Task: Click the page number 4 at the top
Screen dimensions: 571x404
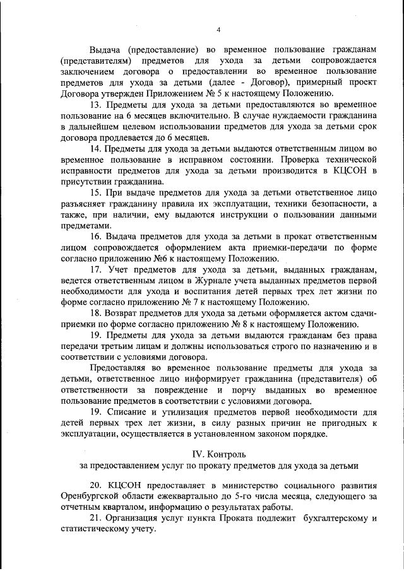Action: pyautogui.click(x=218, y=29)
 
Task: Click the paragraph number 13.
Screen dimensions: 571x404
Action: pyautogui.click(x=96, y=104)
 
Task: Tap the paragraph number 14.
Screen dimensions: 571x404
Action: pyautogui.click(x=96, y=148)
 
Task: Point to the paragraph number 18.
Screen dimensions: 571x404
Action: pyautogui.click(x=96, y=313)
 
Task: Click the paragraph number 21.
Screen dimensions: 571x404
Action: pyautogui.click(x=96, y=518)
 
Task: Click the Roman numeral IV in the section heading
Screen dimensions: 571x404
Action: pyautogui.click(x=198, y=454)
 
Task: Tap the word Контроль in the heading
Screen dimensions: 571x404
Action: pyautogui.click(x=225, y=454)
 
